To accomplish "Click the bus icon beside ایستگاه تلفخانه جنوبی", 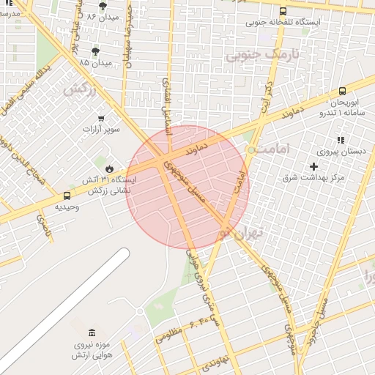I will (x=283, y=11).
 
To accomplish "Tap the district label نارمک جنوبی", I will (x=253, y=54).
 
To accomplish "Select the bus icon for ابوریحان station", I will (x=342, y=92).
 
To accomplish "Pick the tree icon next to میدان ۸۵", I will (x=94, y=51).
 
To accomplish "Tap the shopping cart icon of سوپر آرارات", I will (x=101, y=118).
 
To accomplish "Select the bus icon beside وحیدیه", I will (x=67, y=196).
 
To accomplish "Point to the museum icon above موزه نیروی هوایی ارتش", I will (x=91, y=333).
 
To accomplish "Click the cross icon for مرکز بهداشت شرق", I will (x=314, y=166).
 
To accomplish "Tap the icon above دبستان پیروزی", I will (x=340, y=140).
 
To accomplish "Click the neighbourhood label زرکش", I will (x=80, y=89).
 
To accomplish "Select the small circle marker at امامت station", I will (x=251, y=149).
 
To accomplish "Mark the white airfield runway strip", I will (x=66, y=308).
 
